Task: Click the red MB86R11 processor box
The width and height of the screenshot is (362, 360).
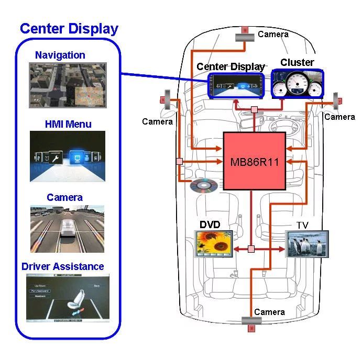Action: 255,161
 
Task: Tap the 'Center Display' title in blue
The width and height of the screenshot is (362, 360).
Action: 69,29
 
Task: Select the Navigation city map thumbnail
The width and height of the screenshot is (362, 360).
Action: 68,85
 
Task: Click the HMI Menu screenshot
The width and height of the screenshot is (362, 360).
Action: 68,156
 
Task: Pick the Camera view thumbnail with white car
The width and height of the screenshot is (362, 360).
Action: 68,229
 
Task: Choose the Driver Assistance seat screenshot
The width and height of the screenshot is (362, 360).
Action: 68,297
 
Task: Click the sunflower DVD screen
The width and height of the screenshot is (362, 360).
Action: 214,244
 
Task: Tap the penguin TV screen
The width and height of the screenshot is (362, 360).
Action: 307,243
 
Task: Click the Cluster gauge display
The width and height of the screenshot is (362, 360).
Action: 297,84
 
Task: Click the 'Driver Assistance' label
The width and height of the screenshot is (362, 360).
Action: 63,266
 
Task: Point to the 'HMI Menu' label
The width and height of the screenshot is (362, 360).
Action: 68,124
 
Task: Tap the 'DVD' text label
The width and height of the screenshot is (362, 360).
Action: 210,224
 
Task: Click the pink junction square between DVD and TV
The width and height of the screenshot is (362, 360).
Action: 251,249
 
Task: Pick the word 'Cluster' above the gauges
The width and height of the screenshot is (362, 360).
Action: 297,62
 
